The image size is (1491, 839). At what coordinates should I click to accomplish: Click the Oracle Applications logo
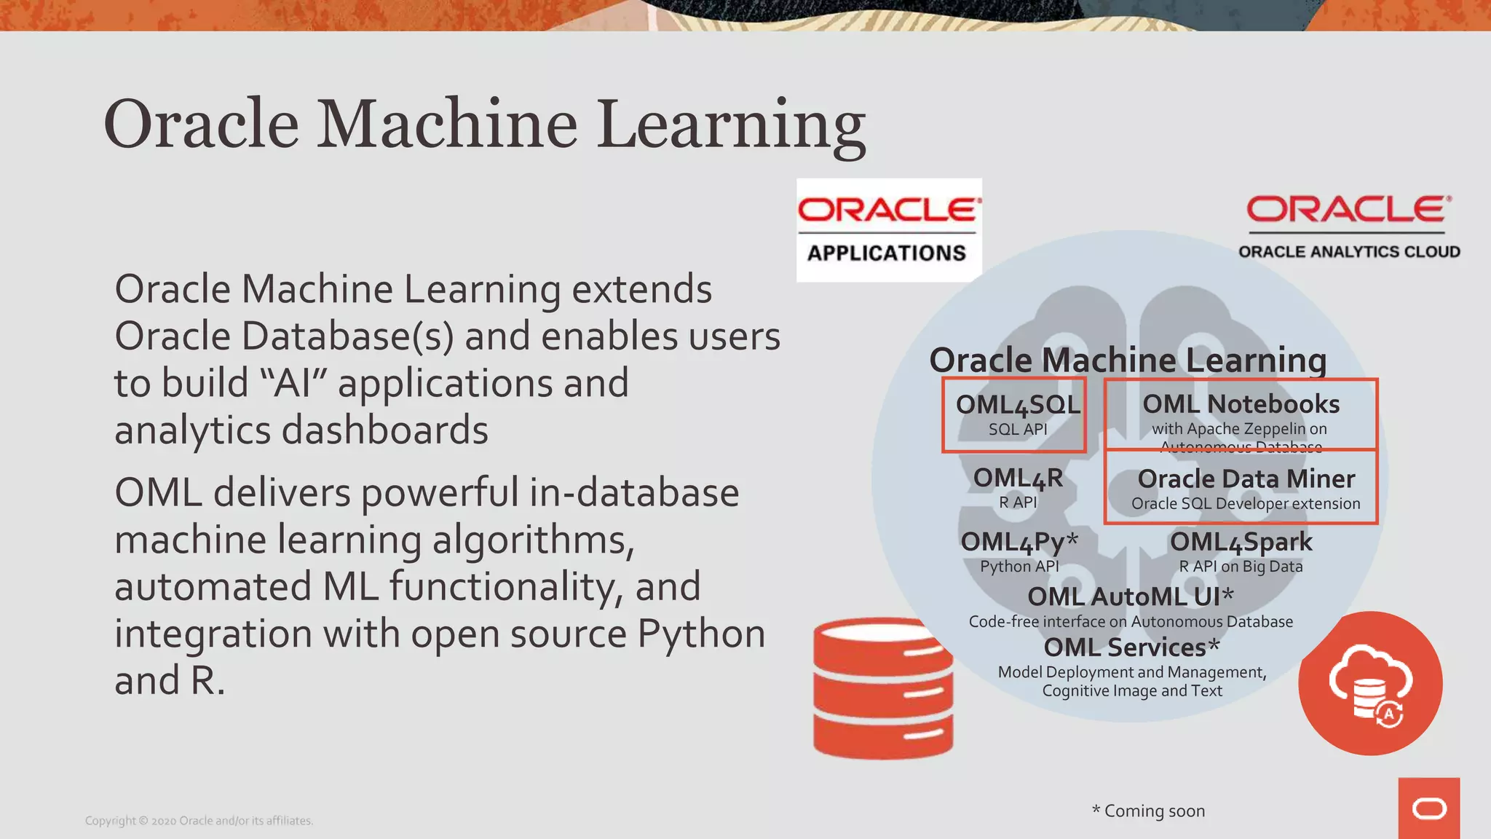tap(889, 230)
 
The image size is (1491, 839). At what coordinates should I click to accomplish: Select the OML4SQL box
tap(1014, 414)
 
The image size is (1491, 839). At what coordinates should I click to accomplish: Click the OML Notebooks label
tap(1241, 404)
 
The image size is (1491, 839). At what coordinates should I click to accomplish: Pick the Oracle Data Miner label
tap(1246, 478)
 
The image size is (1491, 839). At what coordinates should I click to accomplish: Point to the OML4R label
tap(1018, 478)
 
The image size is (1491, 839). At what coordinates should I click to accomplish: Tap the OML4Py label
tap(1019, 542)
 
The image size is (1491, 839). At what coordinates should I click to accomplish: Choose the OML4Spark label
tap(1241, 542)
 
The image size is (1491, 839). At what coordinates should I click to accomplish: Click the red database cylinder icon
tap(883, 688)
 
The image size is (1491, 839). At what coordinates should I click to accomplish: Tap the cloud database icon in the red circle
tap(1370, 683)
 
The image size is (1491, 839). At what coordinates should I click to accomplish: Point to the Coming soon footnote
tap(1148, 811)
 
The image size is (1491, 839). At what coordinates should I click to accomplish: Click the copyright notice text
tap(199, 821)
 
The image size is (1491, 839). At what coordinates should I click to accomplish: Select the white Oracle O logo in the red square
tap(1428, 808)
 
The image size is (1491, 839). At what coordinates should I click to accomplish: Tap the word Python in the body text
tap(701, 634)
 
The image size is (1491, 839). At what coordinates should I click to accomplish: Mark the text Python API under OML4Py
tap(1019, 566)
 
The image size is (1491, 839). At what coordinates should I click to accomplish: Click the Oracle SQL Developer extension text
tap(1246, 503)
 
